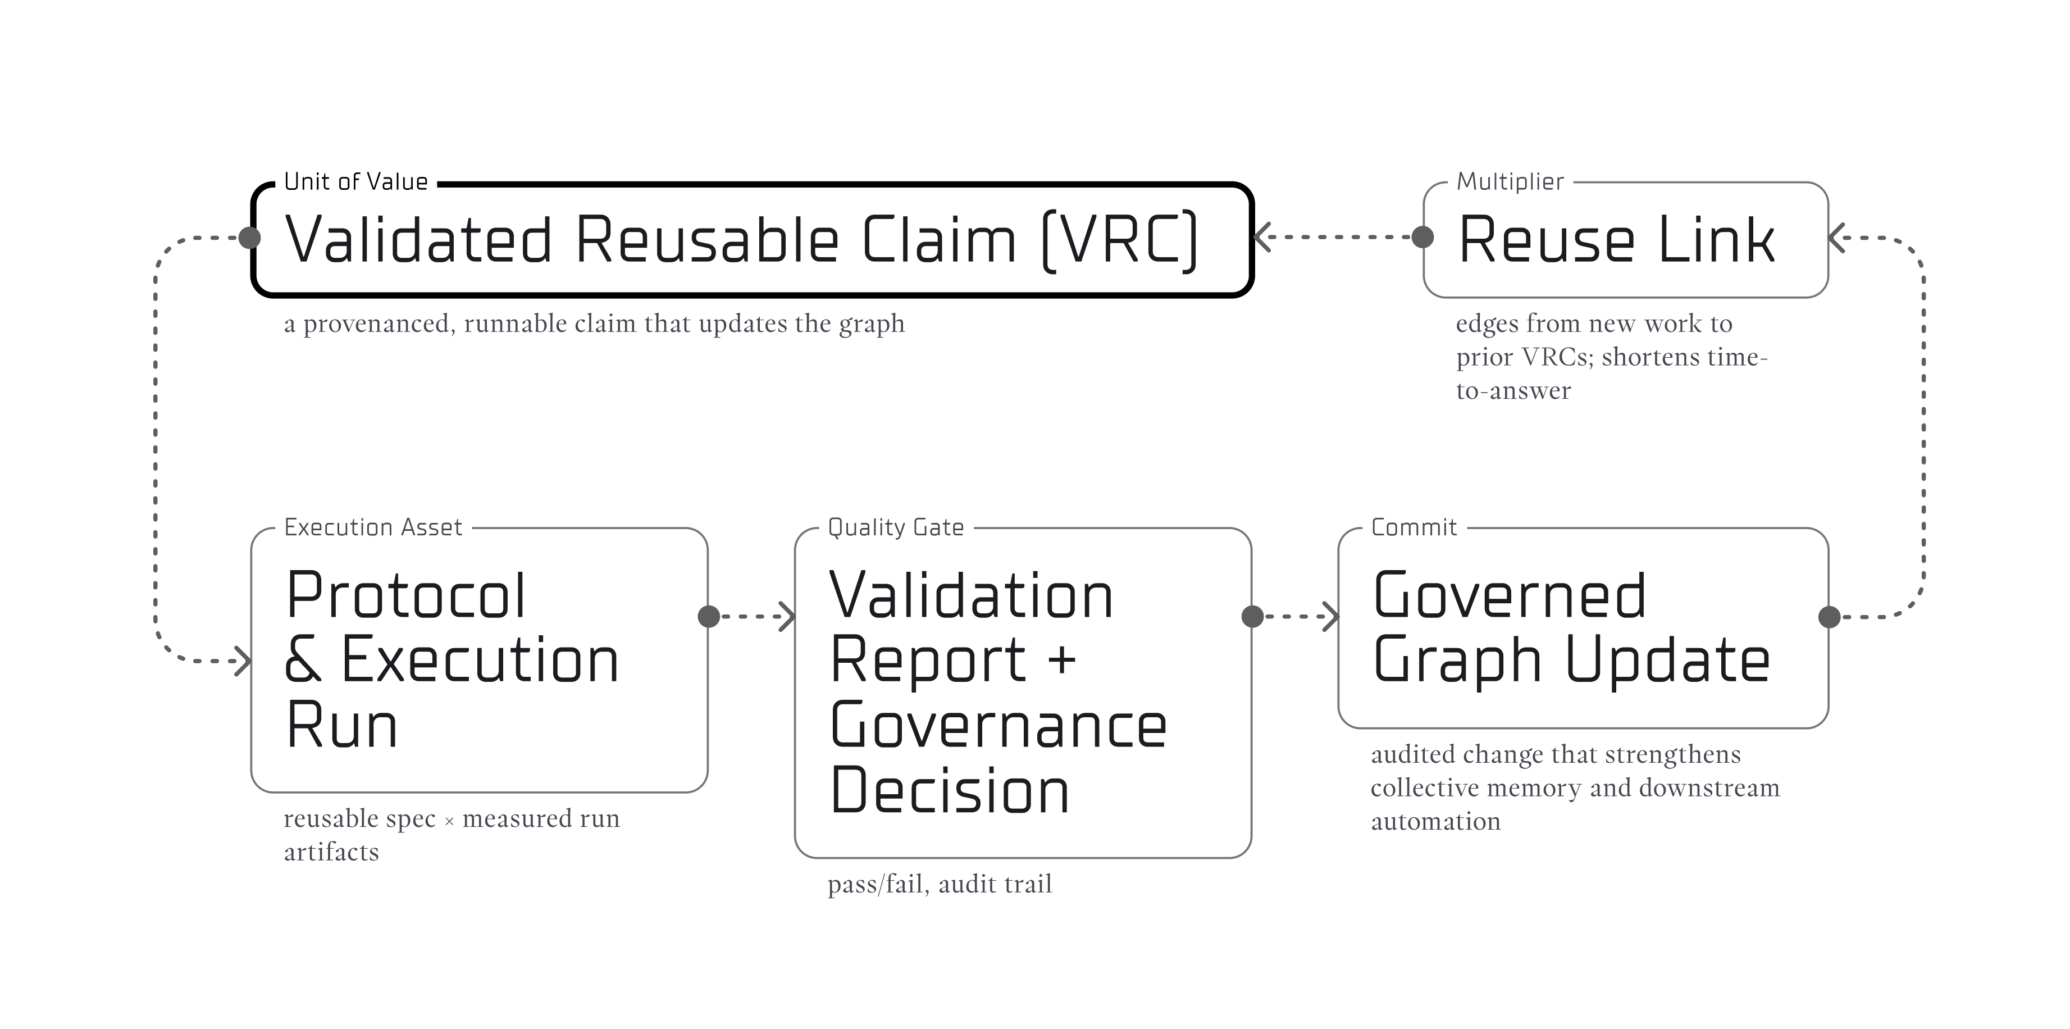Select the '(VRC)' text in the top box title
click(x=1119, y=240)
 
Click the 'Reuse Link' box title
click(x=1616, y=240)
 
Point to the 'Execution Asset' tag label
click(x=373, y=527)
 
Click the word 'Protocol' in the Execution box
click(x=406, y=596)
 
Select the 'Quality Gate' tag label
click(x=895, y=527)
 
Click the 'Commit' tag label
click(x=1414, y=527)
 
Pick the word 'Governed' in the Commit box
click(x=1509, y=596)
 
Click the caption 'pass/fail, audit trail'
click(x=940, y=884)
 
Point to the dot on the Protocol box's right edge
click(x=709, y=617)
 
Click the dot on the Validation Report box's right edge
click(x=1252, y=617)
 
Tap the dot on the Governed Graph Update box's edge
click(x=1829, y=617)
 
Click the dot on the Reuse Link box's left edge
click(x=1422, y=237)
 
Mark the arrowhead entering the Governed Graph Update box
click(x=1332, y=617)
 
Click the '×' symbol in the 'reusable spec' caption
click(x=449, y=821)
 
